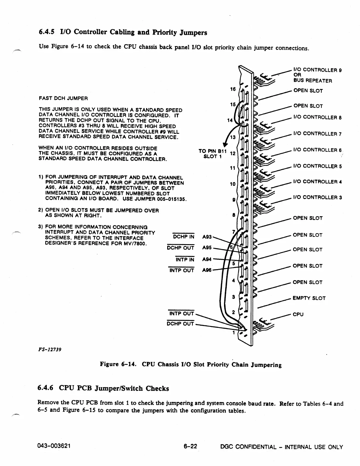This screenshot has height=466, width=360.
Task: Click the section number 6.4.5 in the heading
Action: (x=47, y=32)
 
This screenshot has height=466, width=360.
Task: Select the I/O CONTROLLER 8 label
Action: (x=317, y=117)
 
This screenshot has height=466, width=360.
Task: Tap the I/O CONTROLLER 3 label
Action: (x=317, y=197)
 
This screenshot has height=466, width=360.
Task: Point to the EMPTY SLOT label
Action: (x=309, y=298)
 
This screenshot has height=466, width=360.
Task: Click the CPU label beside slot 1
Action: (x=298, y=314)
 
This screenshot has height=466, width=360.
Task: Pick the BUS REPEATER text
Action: (x=312, y=81)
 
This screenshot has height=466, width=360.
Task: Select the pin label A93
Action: (x=207, y=237)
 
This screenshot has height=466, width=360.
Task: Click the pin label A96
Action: (x=207, y=270)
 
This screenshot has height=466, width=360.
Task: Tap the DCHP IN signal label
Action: (x=184, y=237)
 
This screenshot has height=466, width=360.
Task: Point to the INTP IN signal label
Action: (x=185, y=260)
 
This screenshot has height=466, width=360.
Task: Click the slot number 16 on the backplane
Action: (x=233, y=89)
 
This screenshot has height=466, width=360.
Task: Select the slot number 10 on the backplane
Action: (x=233, y=184)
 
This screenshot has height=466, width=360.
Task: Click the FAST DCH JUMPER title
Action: (x=63, y=98)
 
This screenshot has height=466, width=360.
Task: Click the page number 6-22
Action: (x=190, y=447)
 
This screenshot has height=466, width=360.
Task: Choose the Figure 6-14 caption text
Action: (x=190, y=365)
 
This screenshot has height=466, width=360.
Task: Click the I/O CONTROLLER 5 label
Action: (x=317, y=166)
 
